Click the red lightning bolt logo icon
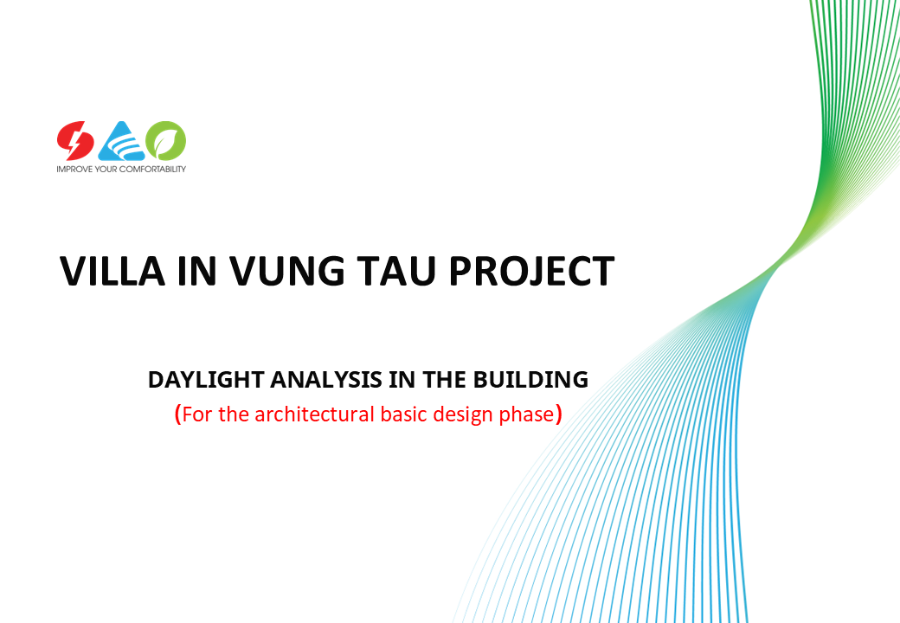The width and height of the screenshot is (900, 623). click(x=75, y=140)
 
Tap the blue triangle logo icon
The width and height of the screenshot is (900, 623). click(x=121, y=140)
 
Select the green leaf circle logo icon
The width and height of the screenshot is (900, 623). click(x=166, y=140)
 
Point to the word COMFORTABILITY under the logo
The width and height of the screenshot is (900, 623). click(x=152, y=170)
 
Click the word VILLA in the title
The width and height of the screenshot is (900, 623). click(x=112, y=271)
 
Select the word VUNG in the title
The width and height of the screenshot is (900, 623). click(x=287, y=271)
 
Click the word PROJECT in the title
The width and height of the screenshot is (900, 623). click(x=531, y=271)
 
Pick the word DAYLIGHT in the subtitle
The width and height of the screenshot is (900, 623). click(x=206, y=380)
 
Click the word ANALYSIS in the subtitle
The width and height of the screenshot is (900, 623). click(x=326, y=380)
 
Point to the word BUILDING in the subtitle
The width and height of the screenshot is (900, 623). click(x=530, y=380)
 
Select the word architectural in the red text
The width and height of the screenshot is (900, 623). click(x=314, y=414)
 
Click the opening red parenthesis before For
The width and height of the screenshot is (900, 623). click(x=178, y=414)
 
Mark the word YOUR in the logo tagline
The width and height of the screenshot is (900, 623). click(x=106, y=170)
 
